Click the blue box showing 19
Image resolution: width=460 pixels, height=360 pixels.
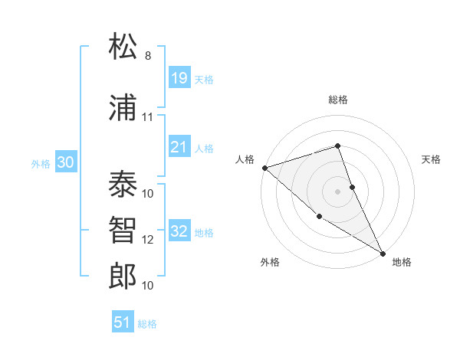click(x=179, y=77)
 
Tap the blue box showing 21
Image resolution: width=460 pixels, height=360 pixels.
click(x=179, y=147)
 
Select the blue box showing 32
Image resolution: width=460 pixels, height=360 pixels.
click(x=179, y=231)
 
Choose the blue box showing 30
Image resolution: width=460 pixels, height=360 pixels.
click(x=65, y=162)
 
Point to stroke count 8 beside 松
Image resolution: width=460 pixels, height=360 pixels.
click(x=148, y=56)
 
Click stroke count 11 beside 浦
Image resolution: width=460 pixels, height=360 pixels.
click(x=148, y=117)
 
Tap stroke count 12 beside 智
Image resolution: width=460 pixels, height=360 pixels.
click(x=148, y=240)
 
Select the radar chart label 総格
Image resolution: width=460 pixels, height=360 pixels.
click(x=337, y=100)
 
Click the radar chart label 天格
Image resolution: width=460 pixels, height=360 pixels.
click(x=432, y=159)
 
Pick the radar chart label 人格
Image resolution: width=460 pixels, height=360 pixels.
click(x=245, y=159)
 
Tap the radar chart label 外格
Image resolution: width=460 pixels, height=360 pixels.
click(x=270, y=262)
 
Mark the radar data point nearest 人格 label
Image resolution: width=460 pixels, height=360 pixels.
click(x=264, y=167)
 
